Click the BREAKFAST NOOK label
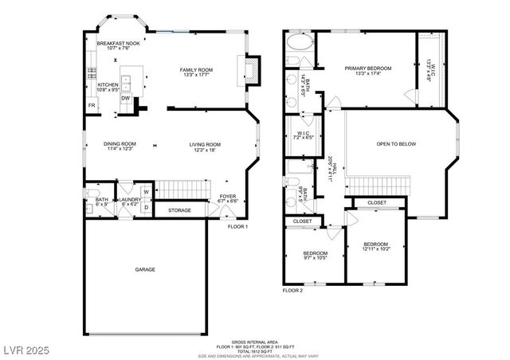118,43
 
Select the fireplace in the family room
249,69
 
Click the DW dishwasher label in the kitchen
126,97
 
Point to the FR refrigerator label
91,104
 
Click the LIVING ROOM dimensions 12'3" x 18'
205,150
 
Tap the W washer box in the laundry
124,192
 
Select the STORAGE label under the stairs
178,209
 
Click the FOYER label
227,196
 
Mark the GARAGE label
144,269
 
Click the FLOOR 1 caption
238,227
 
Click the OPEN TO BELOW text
396,144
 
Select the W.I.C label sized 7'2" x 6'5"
303,133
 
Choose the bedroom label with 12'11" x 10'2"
375,244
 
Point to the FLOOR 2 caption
292,291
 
